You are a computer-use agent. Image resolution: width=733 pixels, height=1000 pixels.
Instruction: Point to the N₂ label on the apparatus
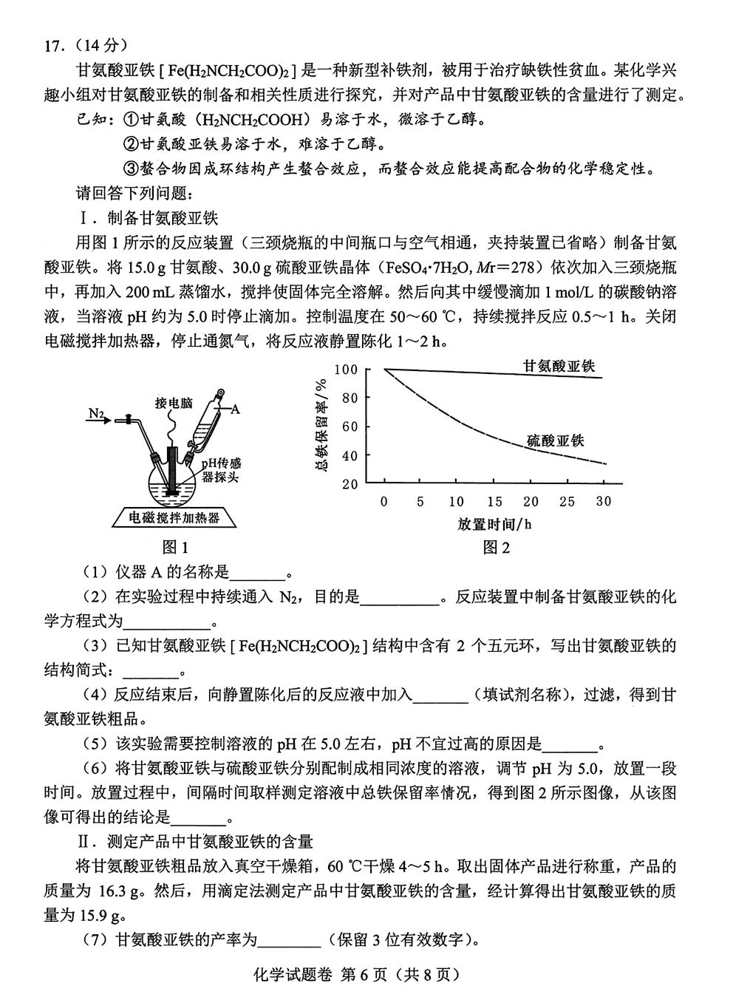[x=95, y=414]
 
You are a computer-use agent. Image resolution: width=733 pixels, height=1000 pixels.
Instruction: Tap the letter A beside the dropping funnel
[x=235, y=408]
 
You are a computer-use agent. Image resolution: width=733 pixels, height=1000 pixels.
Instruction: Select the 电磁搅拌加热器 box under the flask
[x=174, y=518]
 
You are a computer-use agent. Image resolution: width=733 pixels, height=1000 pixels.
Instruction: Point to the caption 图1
[x=175, y=548]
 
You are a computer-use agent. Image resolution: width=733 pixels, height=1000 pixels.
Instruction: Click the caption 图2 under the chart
[x=497, y=548]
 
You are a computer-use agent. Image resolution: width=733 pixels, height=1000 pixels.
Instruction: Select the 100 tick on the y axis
[x=346, y=370]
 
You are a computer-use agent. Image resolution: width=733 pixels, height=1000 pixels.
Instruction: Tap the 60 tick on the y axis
[x=349, y=426]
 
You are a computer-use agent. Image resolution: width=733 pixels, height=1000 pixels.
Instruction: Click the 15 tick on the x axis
[x=494, y=502]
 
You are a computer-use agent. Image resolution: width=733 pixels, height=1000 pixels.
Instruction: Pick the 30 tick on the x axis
[x=604, y=502]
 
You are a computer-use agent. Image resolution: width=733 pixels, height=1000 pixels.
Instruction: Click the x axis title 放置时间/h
[x=494, y=524]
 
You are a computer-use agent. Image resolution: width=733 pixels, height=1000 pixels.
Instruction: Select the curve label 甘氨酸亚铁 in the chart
[x=559, y=365]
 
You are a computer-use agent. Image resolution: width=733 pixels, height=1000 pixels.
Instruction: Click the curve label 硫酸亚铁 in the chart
[x=555, y=441]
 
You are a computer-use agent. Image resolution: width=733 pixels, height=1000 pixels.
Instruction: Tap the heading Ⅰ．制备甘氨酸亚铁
[x=148, y=218]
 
